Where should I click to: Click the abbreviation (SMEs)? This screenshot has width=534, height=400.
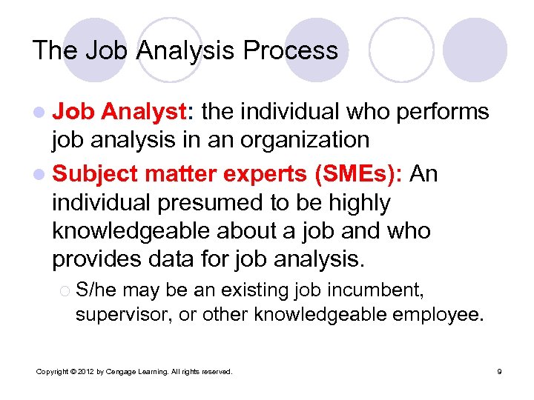point(357,173)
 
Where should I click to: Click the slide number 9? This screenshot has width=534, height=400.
point(499,371)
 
